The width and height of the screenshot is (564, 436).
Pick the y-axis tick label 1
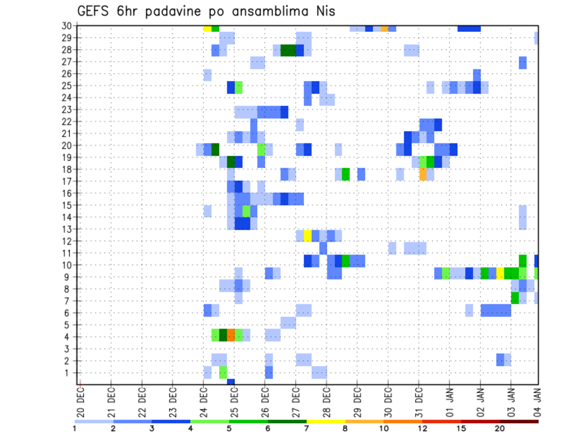(x=69, y=373)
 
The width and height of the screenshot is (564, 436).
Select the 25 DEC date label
(x=234, y=400)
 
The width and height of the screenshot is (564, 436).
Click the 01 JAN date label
(x=449, y=400)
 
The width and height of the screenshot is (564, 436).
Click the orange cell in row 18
(x=423, y=175)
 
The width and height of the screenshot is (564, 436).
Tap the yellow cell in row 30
(x=207, y=28)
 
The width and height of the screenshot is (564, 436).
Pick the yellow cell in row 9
(x=500, y=273)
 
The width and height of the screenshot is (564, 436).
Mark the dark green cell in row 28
(x=288, y=51)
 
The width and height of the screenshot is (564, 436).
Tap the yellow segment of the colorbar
(x=326, y=421)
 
